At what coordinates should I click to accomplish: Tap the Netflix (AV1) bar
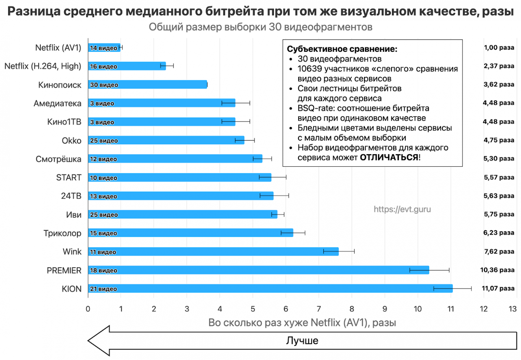tap(104, 48)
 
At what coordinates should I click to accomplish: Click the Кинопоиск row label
tap(59, 85)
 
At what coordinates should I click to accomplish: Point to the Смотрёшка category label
tap(58, 159)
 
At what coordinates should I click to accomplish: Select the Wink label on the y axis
tap(72, 252)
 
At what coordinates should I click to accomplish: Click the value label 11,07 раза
tap(498, 289)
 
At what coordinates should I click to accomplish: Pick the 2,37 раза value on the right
tap(499, 66)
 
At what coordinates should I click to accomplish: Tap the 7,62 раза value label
tap(499, 251)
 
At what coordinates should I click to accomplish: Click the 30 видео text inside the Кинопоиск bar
tap(104, 85)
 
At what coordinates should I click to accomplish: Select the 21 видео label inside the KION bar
tap(103, 289)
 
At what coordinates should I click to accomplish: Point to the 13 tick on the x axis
tap(512, 309)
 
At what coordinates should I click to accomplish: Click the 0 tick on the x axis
tap(88, 309)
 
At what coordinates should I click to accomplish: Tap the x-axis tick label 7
tap(319, 309)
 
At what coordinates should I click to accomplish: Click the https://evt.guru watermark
tap(402, 209)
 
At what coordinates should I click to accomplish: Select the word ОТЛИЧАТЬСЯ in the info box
tap(389, 158)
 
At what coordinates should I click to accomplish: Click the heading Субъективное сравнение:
tap(342, 49)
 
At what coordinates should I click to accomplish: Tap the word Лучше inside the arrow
tap(302, 341)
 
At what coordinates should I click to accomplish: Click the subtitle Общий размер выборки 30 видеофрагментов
tap(260, 27)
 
